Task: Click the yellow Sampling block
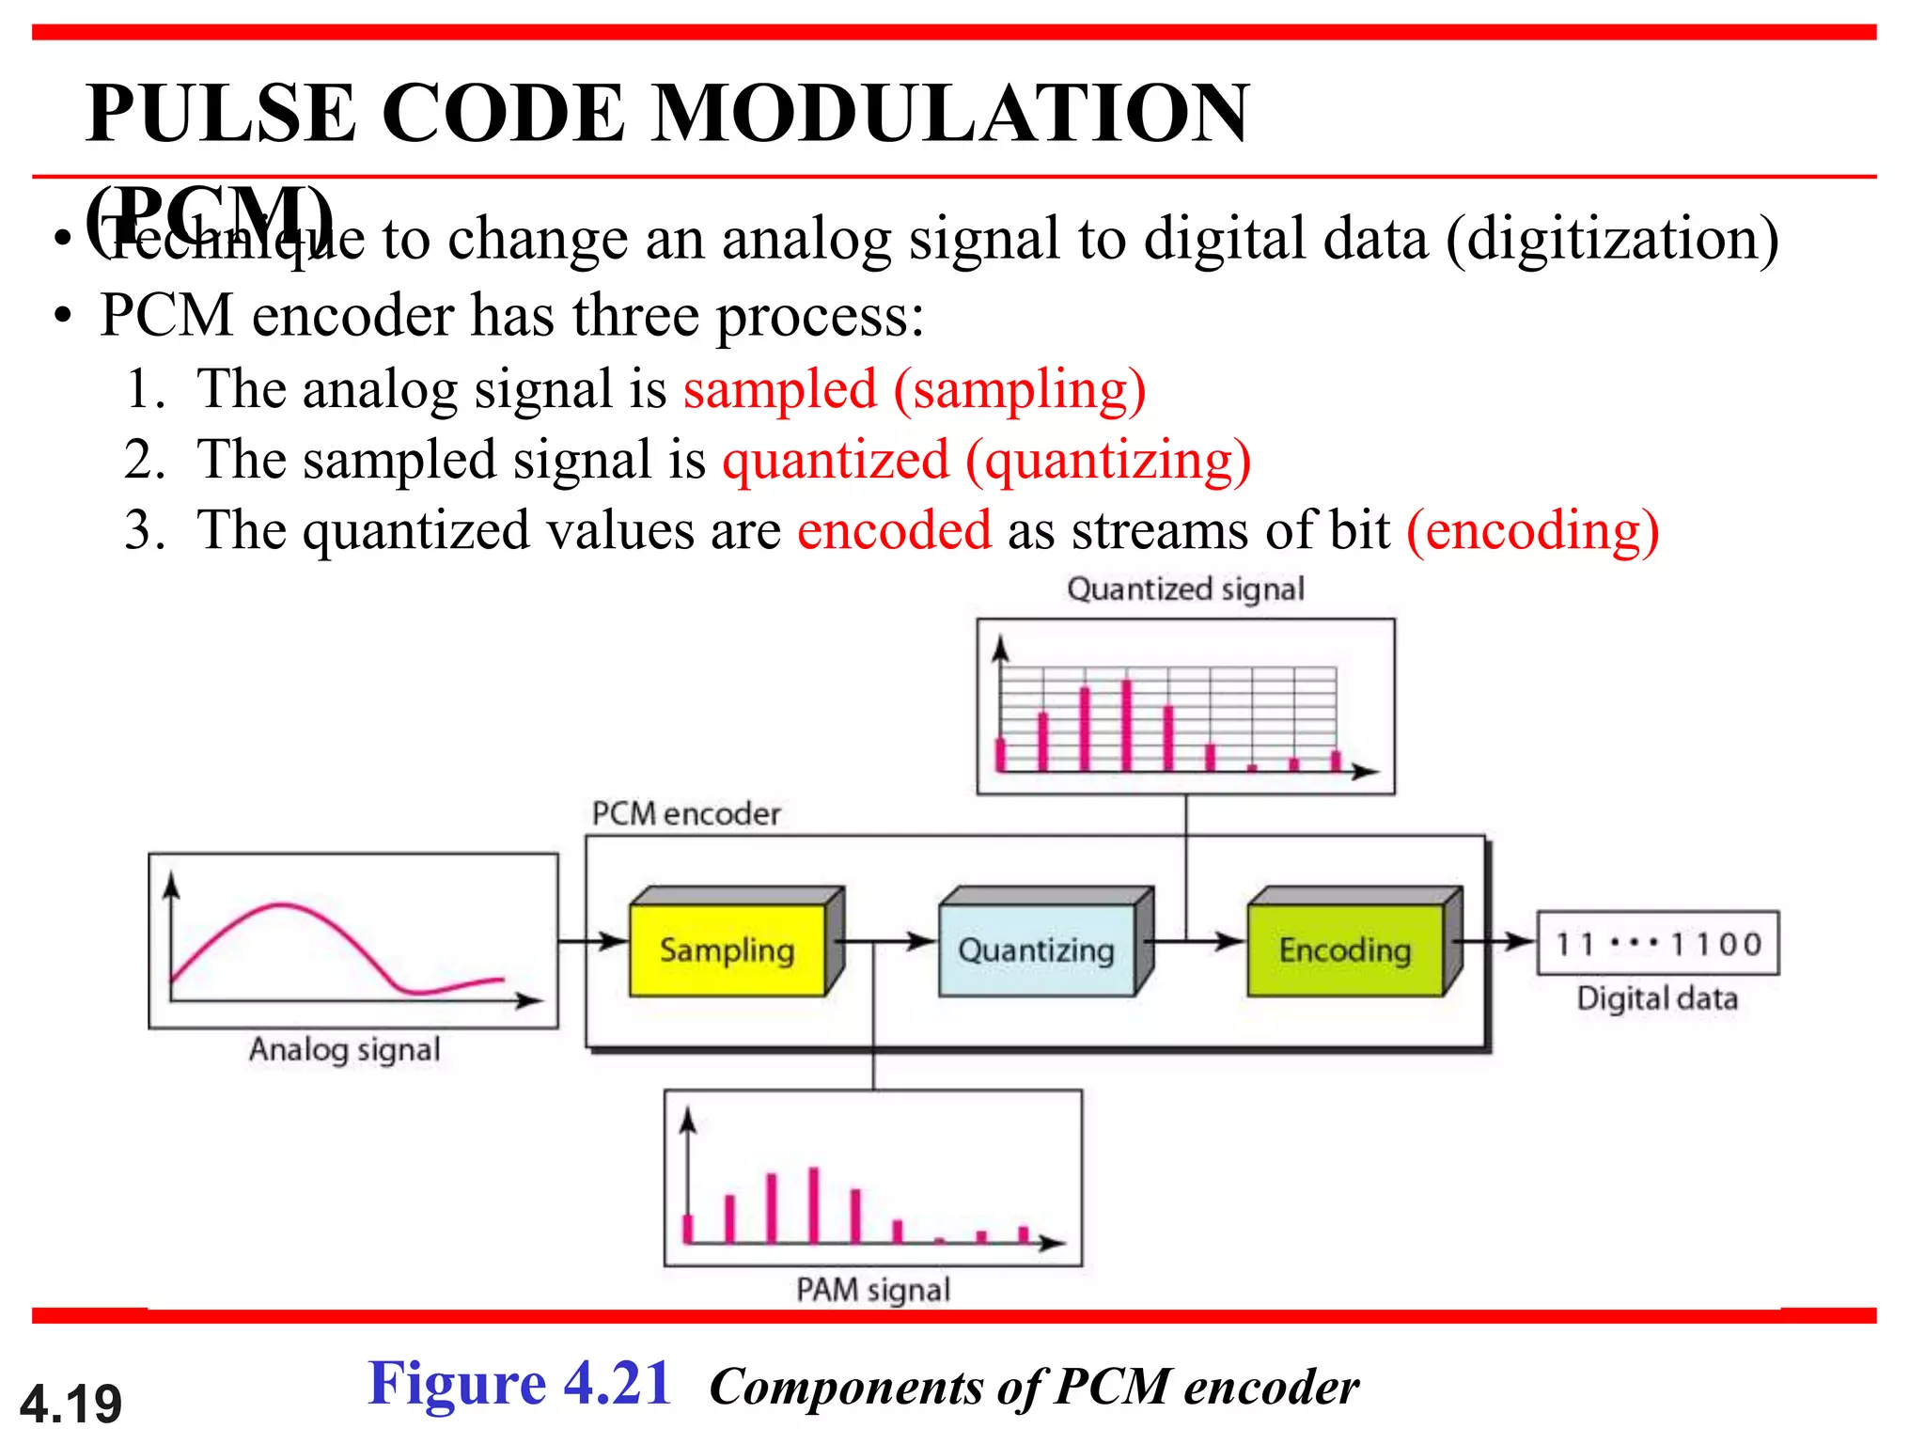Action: pos(728,950)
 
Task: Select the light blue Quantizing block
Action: pos(1036,950)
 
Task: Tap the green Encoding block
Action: pos(1345,950)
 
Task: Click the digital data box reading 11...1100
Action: pos(1657,943)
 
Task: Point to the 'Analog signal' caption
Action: pos(344,1049)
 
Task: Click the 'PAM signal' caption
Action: pos(873,1290)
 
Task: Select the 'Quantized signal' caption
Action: pos(1185,589)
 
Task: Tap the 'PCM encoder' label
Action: pos(686,814)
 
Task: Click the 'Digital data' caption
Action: pos(1657,998)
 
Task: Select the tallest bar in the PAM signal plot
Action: pos(813,1204)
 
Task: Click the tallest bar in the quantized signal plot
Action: pos(1126,725)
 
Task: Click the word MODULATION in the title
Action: pos(950,114)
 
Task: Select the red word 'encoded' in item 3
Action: pos(894,530)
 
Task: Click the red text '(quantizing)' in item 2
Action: pos(1109,460)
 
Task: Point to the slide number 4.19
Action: pos(71,1404)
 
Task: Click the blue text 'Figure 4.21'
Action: pos(519,1384)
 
